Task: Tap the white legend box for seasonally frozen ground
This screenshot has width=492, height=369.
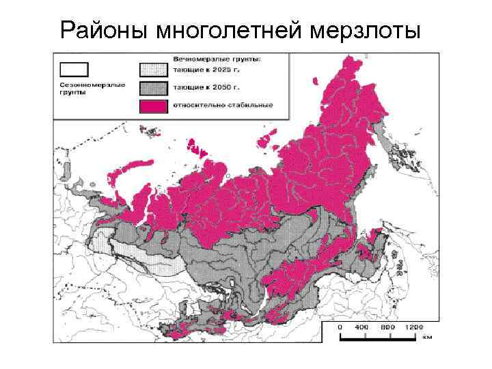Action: coord(74,69)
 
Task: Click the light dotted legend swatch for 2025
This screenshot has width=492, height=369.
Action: coord(153,70)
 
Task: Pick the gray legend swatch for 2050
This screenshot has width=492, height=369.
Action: coord(153,87)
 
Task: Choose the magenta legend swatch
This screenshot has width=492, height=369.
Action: coord(153,105)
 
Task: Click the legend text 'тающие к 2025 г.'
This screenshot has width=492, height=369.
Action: coord(200,70)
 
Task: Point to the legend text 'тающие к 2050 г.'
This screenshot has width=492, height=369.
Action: coord(200,87)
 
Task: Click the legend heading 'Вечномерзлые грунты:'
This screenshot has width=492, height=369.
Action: coord(212,58)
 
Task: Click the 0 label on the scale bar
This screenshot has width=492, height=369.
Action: coord(340,327)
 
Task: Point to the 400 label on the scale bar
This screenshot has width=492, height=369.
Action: coord(366,327)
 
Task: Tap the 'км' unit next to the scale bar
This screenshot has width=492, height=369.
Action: coord(428,336)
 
